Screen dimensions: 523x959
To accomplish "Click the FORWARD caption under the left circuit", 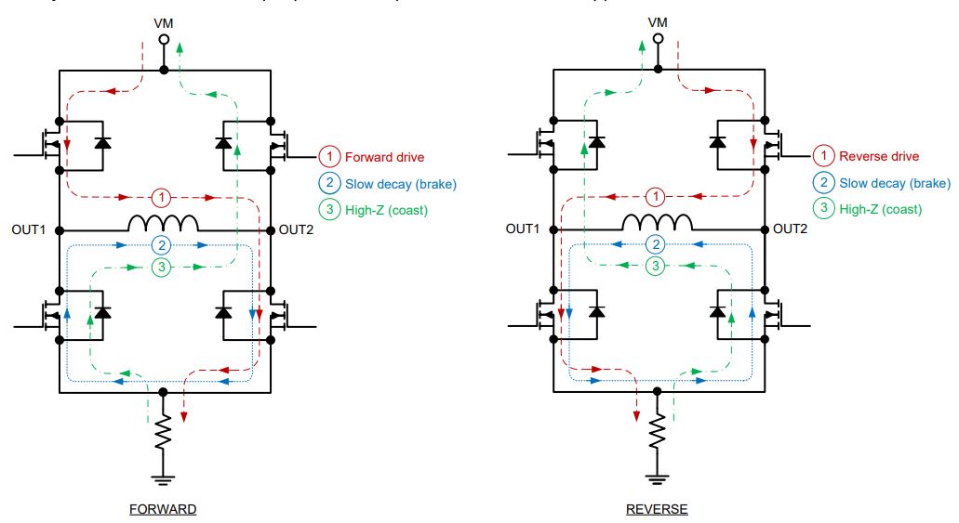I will click(x=164, y=509).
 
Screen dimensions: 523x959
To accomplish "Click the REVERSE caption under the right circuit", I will click(x=657, y=509).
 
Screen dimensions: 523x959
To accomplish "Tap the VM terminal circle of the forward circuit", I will click(x=163, y=40).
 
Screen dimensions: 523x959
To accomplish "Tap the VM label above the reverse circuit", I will click(x=658, y=22).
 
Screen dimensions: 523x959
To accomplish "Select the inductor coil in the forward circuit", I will click(x=163, y=224).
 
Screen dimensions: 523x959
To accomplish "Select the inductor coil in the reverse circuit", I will click(x=658, y=224).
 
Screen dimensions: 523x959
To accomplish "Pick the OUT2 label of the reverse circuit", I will click(x=791, y=229).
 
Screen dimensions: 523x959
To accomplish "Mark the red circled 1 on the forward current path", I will click(x=162, y=198).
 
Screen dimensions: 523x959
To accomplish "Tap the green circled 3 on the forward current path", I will click(x=162, y=267).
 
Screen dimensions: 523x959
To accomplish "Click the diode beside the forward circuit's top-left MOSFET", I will click(x=102, y=143).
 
